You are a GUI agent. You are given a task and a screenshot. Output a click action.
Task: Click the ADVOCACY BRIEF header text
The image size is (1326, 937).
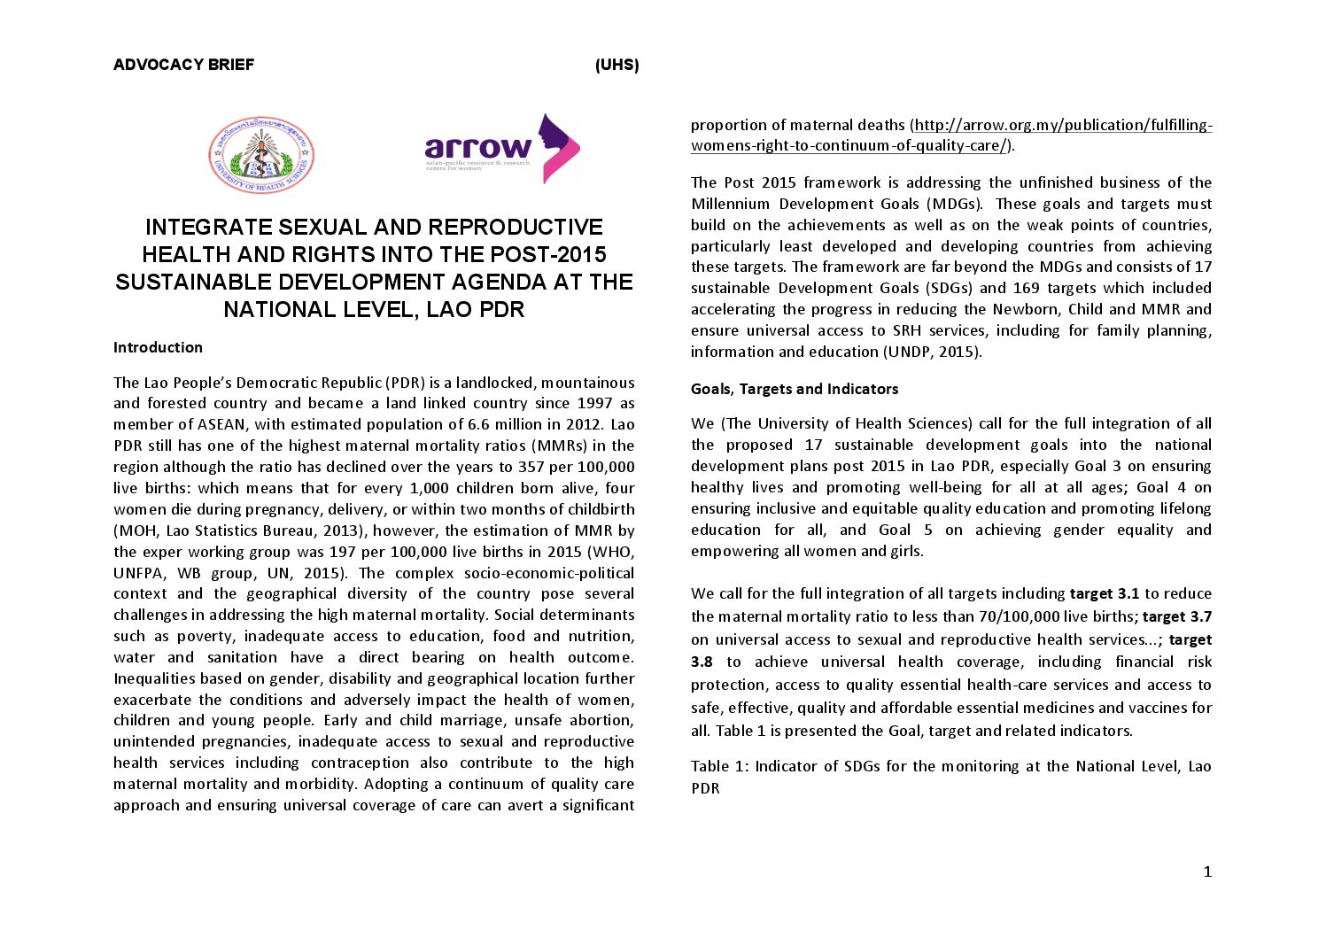183,65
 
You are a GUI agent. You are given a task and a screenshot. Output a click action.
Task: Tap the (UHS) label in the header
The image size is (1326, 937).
616,65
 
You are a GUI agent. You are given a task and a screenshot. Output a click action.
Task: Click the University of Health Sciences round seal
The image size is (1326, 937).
261,155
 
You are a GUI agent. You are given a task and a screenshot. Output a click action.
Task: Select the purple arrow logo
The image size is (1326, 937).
502,149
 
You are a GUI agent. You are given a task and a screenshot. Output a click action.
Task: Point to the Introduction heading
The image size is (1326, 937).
158,347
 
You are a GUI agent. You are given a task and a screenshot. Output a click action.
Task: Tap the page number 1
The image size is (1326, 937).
1207,871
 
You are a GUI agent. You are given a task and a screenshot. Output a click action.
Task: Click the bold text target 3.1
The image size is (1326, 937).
1104,593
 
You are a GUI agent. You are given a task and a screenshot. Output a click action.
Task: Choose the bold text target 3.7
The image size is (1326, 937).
1177,616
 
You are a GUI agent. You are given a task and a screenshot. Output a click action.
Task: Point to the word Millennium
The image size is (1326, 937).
731,204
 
